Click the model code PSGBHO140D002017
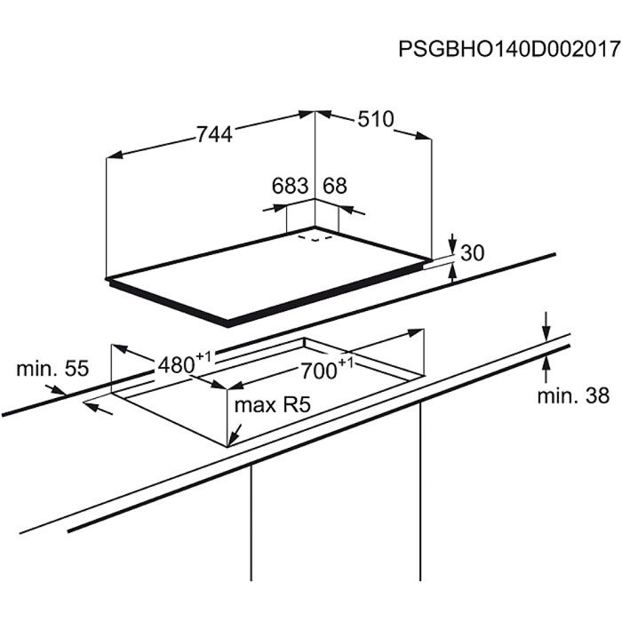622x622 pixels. (x=509, y=49)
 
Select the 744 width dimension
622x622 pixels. (x=215, y=134)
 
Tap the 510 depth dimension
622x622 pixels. (x=376, y=118)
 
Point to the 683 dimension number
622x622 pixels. (x=290, y=185)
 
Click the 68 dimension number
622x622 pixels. (x=335, y=185)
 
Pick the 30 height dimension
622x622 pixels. (x=473, y=252)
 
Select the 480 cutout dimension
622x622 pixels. (x=176, y=365)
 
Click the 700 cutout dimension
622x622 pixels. (x=319, y=371)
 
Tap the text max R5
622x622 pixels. (x=273, y=405)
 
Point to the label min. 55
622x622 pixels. (x=52, y=369)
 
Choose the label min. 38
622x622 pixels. (x=573, y=395)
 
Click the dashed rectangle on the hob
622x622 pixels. (x=315, y=238)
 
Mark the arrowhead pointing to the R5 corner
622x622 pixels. (x=234, y=437)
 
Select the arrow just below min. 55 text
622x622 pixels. (x=55, y=390)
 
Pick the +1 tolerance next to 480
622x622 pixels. (x=203, y=356)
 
